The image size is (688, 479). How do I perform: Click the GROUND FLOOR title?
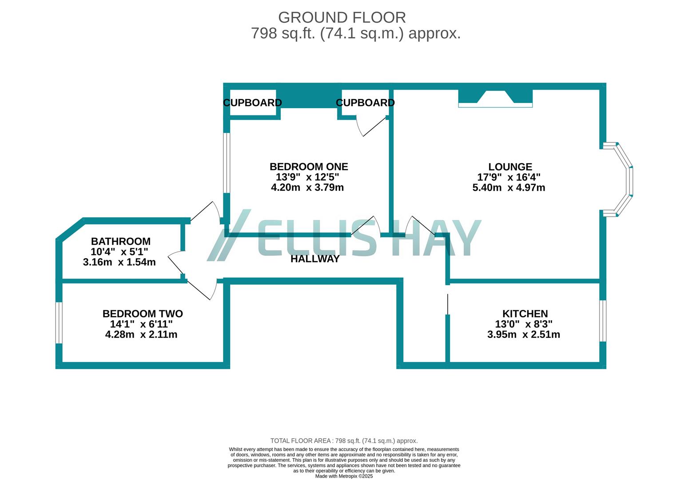[342, 17]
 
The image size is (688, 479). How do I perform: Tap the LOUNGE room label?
[510, 167]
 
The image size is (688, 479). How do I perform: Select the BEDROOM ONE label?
[309, 167]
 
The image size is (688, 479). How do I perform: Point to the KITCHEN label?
[525, 314]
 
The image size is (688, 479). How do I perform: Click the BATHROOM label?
[120, 241]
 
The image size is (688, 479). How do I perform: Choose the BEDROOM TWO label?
[143, 314]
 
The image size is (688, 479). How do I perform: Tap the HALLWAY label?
[315, 259]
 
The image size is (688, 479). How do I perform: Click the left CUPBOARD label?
[252, 103]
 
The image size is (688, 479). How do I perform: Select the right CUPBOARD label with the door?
[365, 103]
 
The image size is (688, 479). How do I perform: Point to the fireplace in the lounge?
[495, 98]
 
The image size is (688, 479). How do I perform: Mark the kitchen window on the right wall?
[603, 321]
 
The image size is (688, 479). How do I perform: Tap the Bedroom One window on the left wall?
[227, 163]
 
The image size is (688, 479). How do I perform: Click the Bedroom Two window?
[59, 322]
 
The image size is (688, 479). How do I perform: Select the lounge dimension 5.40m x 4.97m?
[509, 188]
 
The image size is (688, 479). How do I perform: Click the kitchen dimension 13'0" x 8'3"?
[524, 324]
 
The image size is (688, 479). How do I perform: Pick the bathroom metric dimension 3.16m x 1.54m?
[119, 262]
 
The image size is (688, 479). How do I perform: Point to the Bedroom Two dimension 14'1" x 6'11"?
[141, 324]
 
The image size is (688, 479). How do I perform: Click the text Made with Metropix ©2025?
[344, 476]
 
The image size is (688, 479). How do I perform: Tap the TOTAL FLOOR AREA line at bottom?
[344, 441]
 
